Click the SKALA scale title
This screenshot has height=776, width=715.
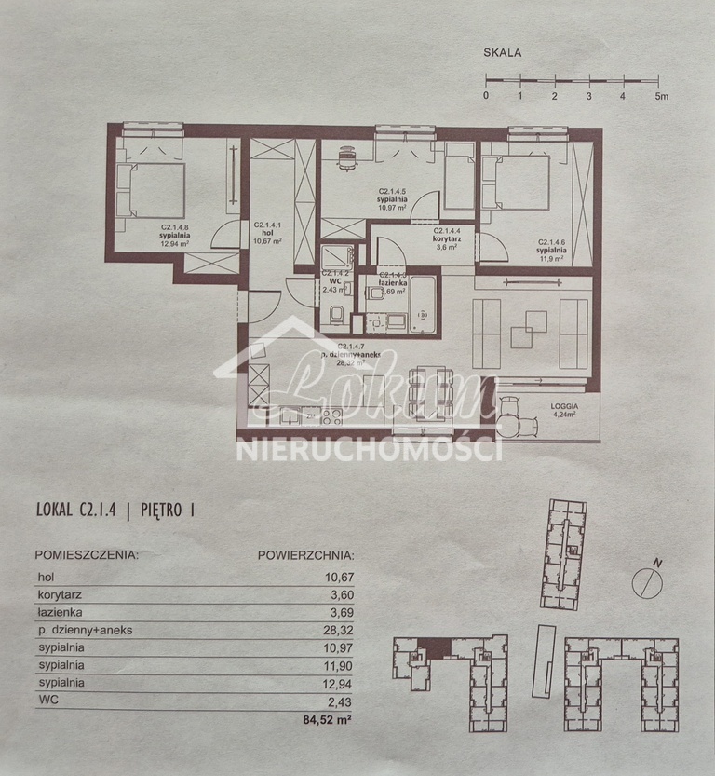[502, 53]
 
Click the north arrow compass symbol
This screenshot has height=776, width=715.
[646, 582]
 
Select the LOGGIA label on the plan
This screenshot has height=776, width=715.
[564, 407]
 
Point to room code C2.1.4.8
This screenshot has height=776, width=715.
[175, 226]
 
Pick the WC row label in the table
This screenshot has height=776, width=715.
[47, 701]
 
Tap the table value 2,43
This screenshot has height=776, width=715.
[340, 701]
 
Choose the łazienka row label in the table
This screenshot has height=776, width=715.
[61, 612]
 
